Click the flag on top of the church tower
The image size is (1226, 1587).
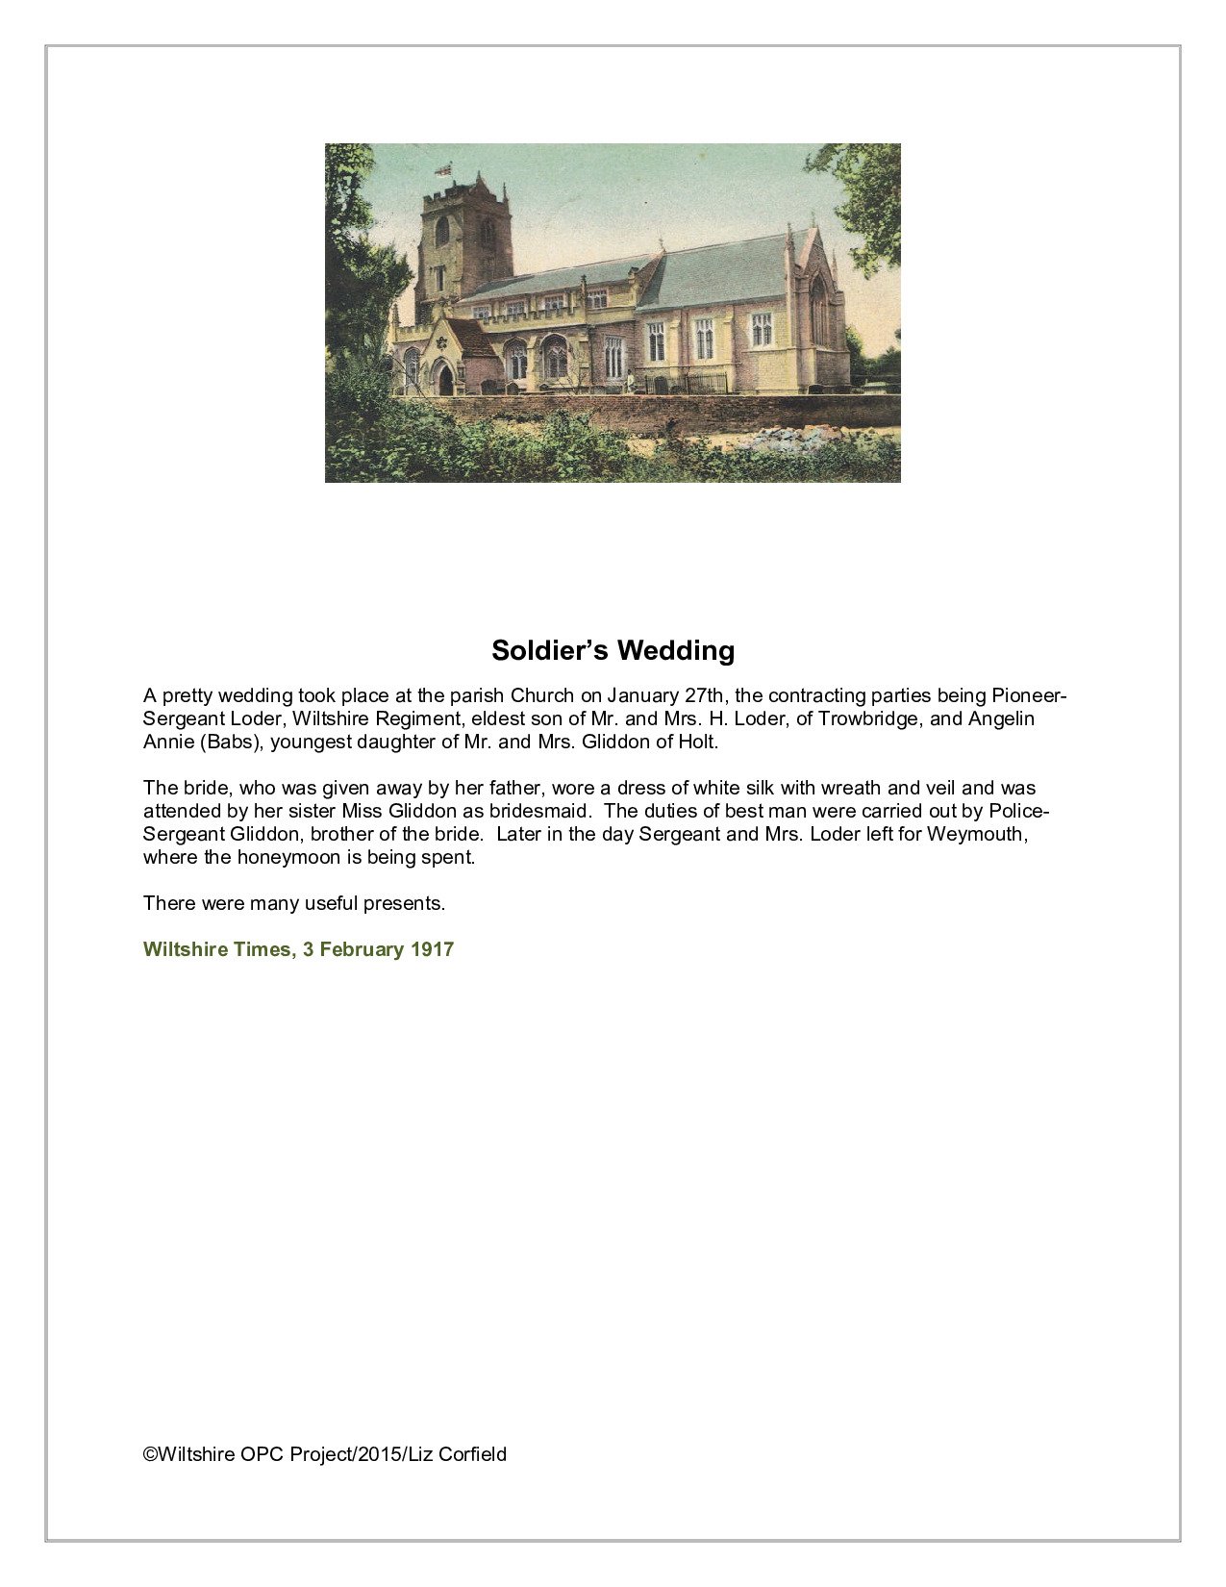click(x=443, y=170)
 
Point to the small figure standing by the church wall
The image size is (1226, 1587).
click(x=631, y=381)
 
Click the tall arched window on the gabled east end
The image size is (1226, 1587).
click(x=817, y=310)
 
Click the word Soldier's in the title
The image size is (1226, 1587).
click(x=549, y=651)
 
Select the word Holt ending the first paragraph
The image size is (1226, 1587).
click(x=697, y=742)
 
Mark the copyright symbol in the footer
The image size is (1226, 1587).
click(x=150, y=1454)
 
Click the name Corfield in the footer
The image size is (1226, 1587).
click(x=472, y=1454)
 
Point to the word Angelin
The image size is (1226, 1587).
click(x=1001, y=718)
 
